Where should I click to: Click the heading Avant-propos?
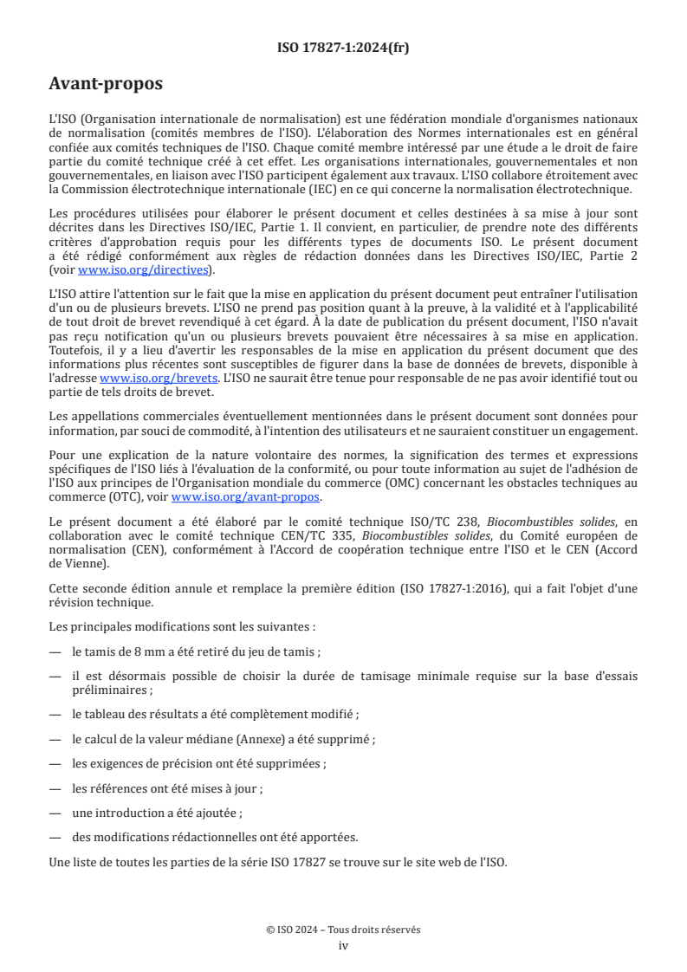[106, 84]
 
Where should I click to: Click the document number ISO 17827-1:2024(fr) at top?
[343, 48]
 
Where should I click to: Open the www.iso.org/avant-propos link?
[246, 496]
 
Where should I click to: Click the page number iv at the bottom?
[343, 945]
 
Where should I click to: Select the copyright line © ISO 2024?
[343, 930]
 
